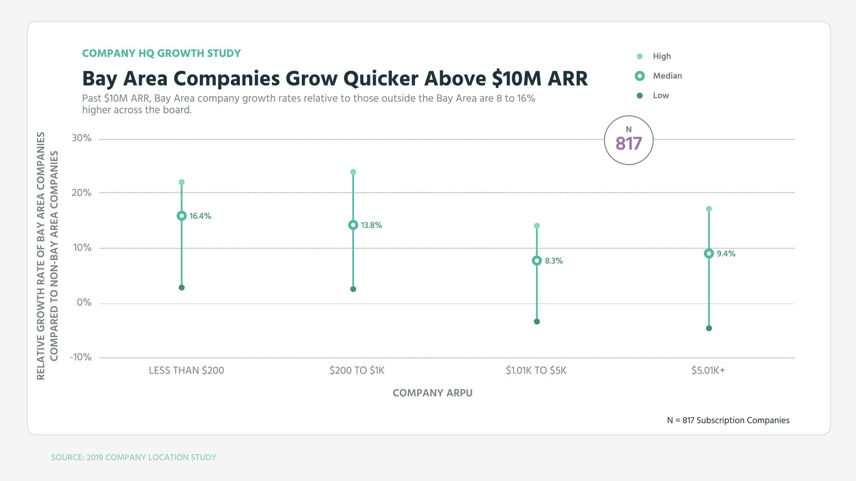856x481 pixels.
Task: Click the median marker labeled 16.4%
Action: [x=181, y=216]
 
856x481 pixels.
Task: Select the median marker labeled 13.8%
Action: [x=353, y=225]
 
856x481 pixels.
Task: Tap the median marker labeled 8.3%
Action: [x=537, y=261]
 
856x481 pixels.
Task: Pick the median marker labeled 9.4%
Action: [x=709, y=253]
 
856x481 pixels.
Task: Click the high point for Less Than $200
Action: [x=181, y=182]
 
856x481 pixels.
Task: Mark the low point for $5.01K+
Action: [x=709, y=328]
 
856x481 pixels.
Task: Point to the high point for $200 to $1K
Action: [x=353, y=172]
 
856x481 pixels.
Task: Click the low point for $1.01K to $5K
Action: [x=537, y=322]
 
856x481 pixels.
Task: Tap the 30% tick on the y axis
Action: [x=82, y=138]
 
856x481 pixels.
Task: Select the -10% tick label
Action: [x=81, y=357]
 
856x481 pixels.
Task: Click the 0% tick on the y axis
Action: [x=84, y=302]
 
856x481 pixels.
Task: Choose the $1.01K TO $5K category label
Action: [x=536, y=371]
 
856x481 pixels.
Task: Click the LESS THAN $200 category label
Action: [x=186, y=371]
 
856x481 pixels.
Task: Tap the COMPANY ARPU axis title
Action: [x=432, y=393]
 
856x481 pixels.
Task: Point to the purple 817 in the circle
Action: [x=629, y=143]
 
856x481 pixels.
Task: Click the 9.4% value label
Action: [x=726, y=253]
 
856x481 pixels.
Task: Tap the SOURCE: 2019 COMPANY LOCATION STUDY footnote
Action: [x=134, y=457]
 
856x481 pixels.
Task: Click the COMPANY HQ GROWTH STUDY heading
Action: [x=161, y=53]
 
